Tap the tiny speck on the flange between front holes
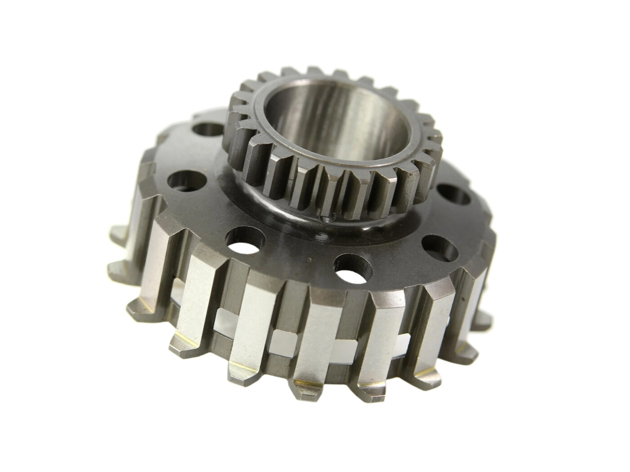pyautogui.click(x=310, y=260)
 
